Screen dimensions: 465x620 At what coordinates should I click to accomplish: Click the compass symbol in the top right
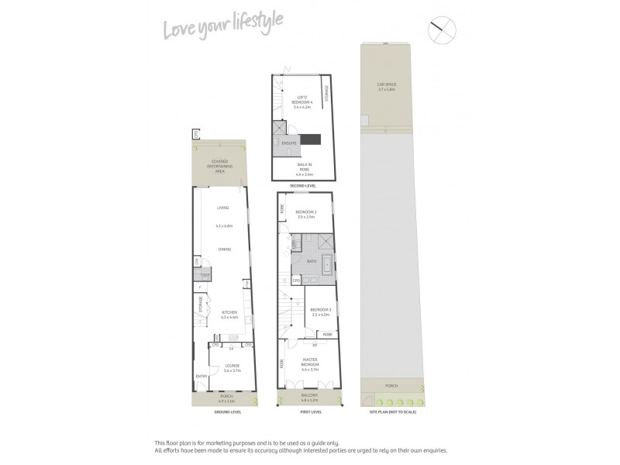pos(443,29)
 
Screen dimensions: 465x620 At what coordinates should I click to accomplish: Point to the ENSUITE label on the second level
pos(288,144)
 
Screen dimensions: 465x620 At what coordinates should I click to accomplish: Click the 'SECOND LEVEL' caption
pos(302,187)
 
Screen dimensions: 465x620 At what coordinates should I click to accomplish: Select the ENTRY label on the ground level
pos(201,377)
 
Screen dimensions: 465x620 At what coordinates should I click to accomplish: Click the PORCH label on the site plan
pos(391,385)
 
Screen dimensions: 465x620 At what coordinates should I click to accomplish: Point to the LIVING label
pos(223,208)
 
